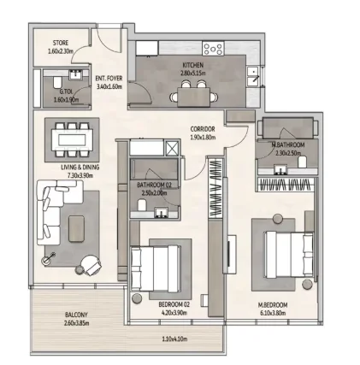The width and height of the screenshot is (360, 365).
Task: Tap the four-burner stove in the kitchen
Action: pyautogui.click(x=213, y=49)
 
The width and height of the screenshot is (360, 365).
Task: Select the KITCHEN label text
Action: pyautogui.click(x=192, y=69)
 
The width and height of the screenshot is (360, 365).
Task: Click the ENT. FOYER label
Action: pyautogui.click(x=109, y=81)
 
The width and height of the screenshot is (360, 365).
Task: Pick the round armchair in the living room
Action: pyautogui.click(x=90, y=264)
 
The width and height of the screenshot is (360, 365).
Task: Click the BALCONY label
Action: pyautogui.click(x=76, y=319)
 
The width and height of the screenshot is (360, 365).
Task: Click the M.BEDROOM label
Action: pyautogui.click(x=274, y=308)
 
